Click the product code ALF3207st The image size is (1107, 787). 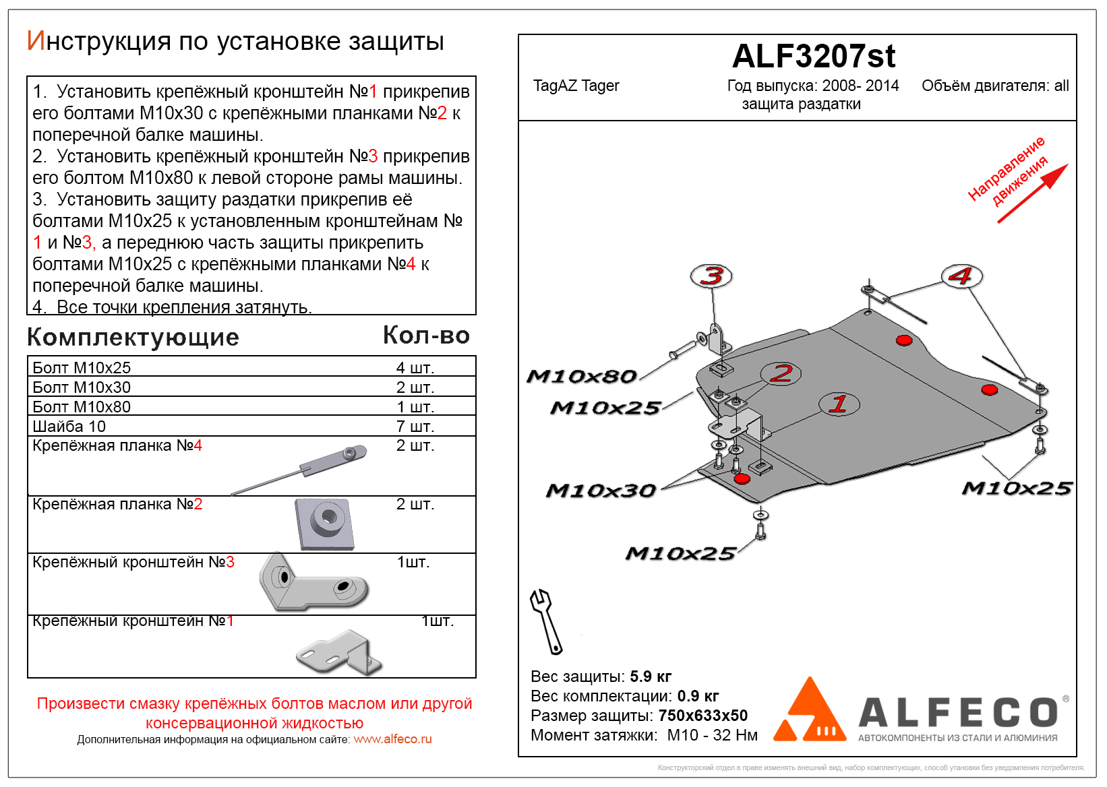point(814,56)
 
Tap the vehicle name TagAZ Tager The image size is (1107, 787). point(576,86)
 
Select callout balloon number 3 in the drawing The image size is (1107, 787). point(711,276)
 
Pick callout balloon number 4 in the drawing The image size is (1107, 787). point(961,276)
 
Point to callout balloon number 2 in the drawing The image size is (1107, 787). point(781,373)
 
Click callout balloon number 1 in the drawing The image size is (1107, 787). point(839,404)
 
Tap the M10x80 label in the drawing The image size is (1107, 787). point(581,376)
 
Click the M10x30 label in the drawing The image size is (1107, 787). point(601,491)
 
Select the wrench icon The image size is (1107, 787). point(546,621)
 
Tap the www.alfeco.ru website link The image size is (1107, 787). point(392,739)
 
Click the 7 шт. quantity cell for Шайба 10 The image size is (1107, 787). point(415,427)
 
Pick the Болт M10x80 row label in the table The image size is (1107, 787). point(82,407)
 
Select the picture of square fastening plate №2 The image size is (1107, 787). point(324,524)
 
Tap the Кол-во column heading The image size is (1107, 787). point(426,336)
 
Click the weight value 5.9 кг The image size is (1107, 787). point(651,676)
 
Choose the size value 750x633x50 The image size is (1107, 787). point(702,716)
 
